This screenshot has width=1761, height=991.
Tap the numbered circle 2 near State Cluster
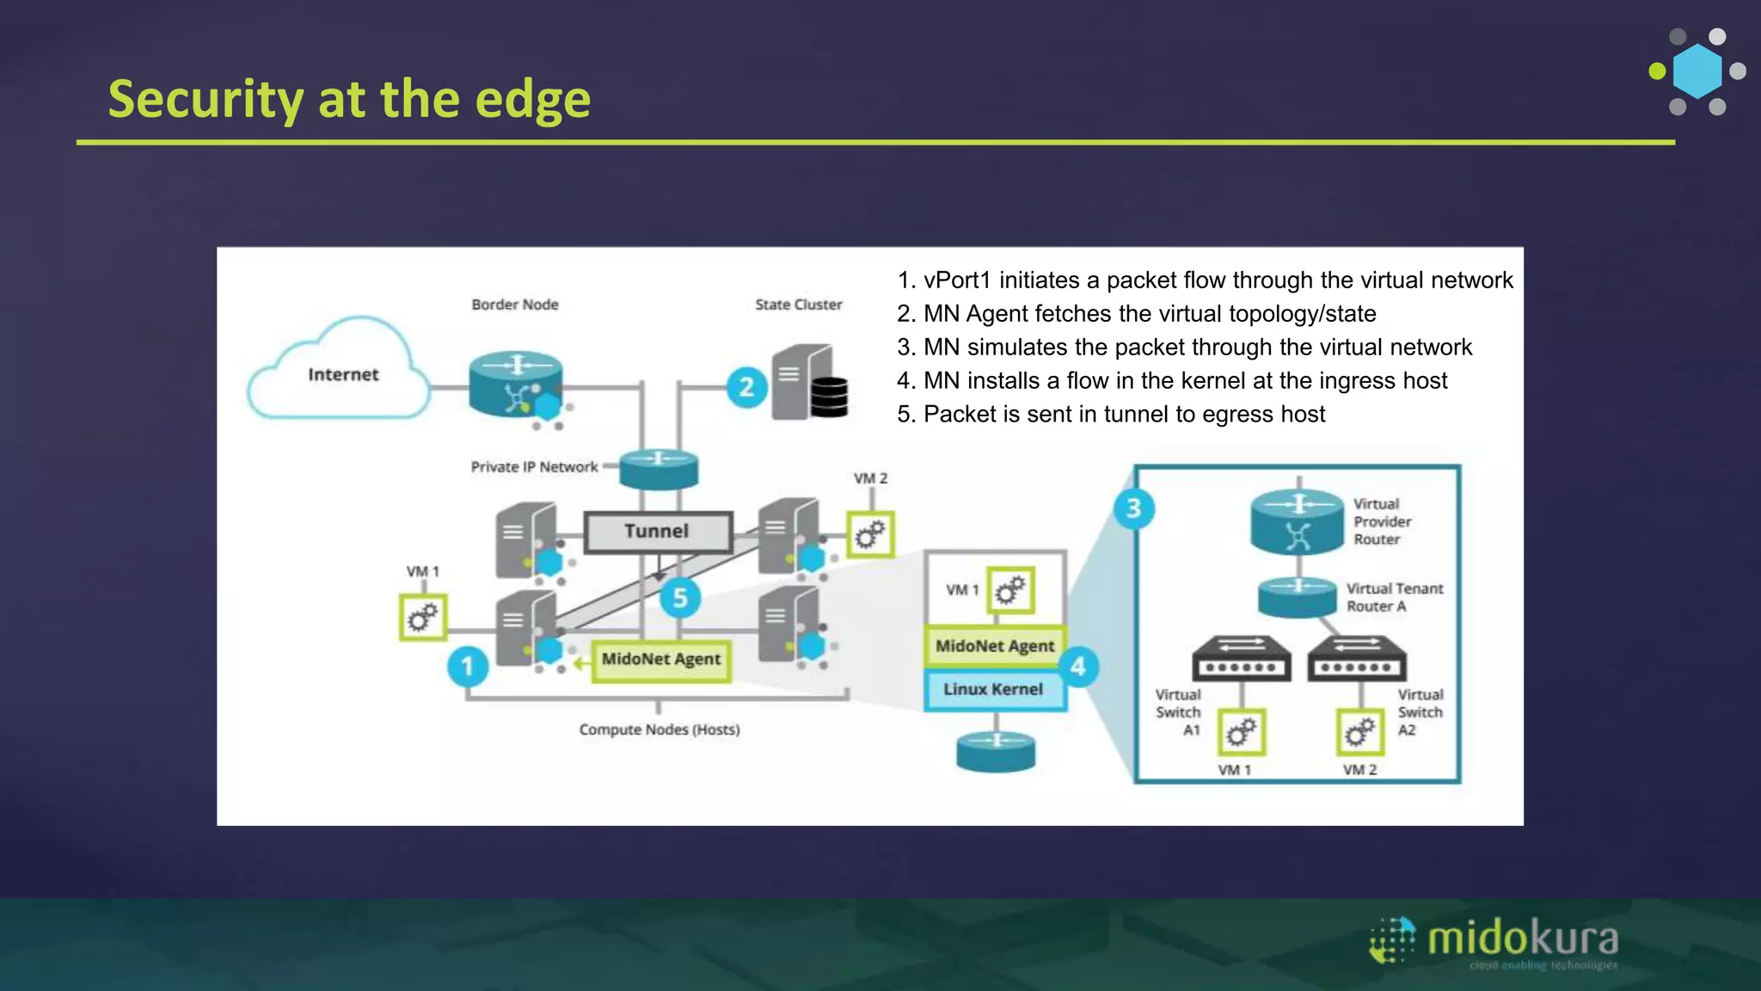pyautogui.click(x=746, y=387)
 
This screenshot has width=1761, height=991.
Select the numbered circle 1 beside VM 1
pyautogui.click(x=468, y=666)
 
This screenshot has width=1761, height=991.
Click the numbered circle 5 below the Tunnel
pyautogui.click(x=680, y=598)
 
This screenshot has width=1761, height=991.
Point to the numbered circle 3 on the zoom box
pyautogui.click(x=1133, y=508)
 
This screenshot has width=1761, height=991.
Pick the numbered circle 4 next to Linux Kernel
pyautogui.click(x=1077, y=667)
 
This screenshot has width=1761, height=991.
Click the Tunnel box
pyautogui.click(x=658, y=532)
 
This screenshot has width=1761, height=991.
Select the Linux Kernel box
pyautogui.click(x=993, y=690)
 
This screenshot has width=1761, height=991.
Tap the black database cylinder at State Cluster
pyautogui.click(x=829, y=397)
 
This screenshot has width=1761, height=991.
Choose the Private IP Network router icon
pyautogui.click(x=659, y=468)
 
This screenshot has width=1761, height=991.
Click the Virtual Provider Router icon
pyautogui.click(x=1298, y=521)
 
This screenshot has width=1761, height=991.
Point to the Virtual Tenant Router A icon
pyautogui.click(x=1298, y=596)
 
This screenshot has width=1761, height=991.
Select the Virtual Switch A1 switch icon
pyautogui.click(x=1241, y=658)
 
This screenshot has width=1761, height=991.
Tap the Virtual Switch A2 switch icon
pyautogui.click(x=1356, y=658)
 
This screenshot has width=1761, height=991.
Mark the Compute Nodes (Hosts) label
pyautogui.click(x=659, y=729)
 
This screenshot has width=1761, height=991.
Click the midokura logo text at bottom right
pyautogui.click(x=1523, y=938)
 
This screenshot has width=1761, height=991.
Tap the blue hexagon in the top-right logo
pyautogui.click(x=1697, y=71)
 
